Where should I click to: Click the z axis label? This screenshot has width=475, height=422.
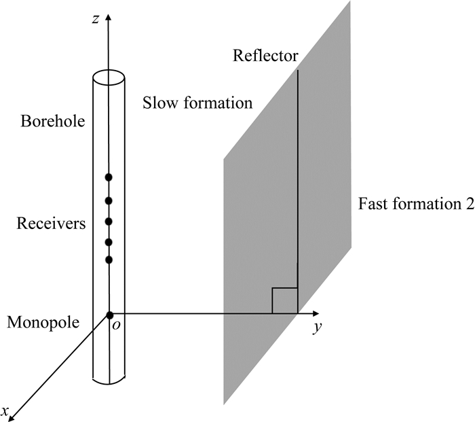tap(99, 18)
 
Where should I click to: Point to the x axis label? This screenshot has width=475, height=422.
tap(5, 410)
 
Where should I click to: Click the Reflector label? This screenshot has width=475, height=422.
tap(265, 55)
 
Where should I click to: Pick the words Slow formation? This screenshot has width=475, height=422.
tap(197, 104)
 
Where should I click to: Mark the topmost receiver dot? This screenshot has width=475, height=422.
tap(108, 178)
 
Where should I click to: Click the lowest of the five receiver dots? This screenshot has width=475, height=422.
tap(108, 260)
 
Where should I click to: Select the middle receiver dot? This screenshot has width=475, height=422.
tap(108, 222)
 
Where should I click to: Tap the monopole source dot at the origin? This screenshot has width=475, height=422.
tap(109, 315)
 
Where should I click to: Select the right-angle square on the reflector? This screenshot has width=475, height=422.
tap(284, 301)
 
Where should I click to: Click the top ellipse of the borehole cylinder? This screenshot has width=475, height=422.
tap(109, 75)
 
